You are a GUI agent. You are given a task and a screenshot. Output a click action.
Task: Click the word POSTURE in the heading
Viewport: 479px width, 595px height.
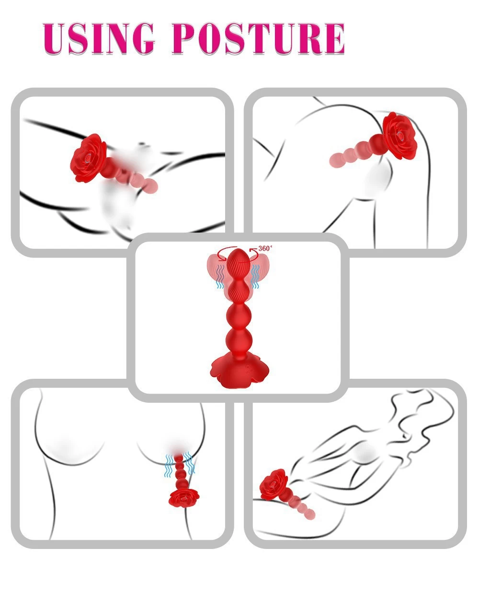[x=258, y=38]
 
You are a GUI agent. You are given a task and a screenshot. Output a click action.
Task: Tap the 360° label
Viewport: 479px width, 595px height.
[x=265, y=248]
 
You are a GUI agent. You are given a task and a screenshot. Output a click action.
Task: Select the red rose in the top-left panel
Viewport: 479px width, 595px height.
[x=90, y=157]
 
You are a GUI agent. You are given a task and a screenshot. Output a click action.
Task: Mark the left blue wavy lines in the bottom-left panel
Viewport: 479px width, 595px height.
[x=170, y=465]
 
